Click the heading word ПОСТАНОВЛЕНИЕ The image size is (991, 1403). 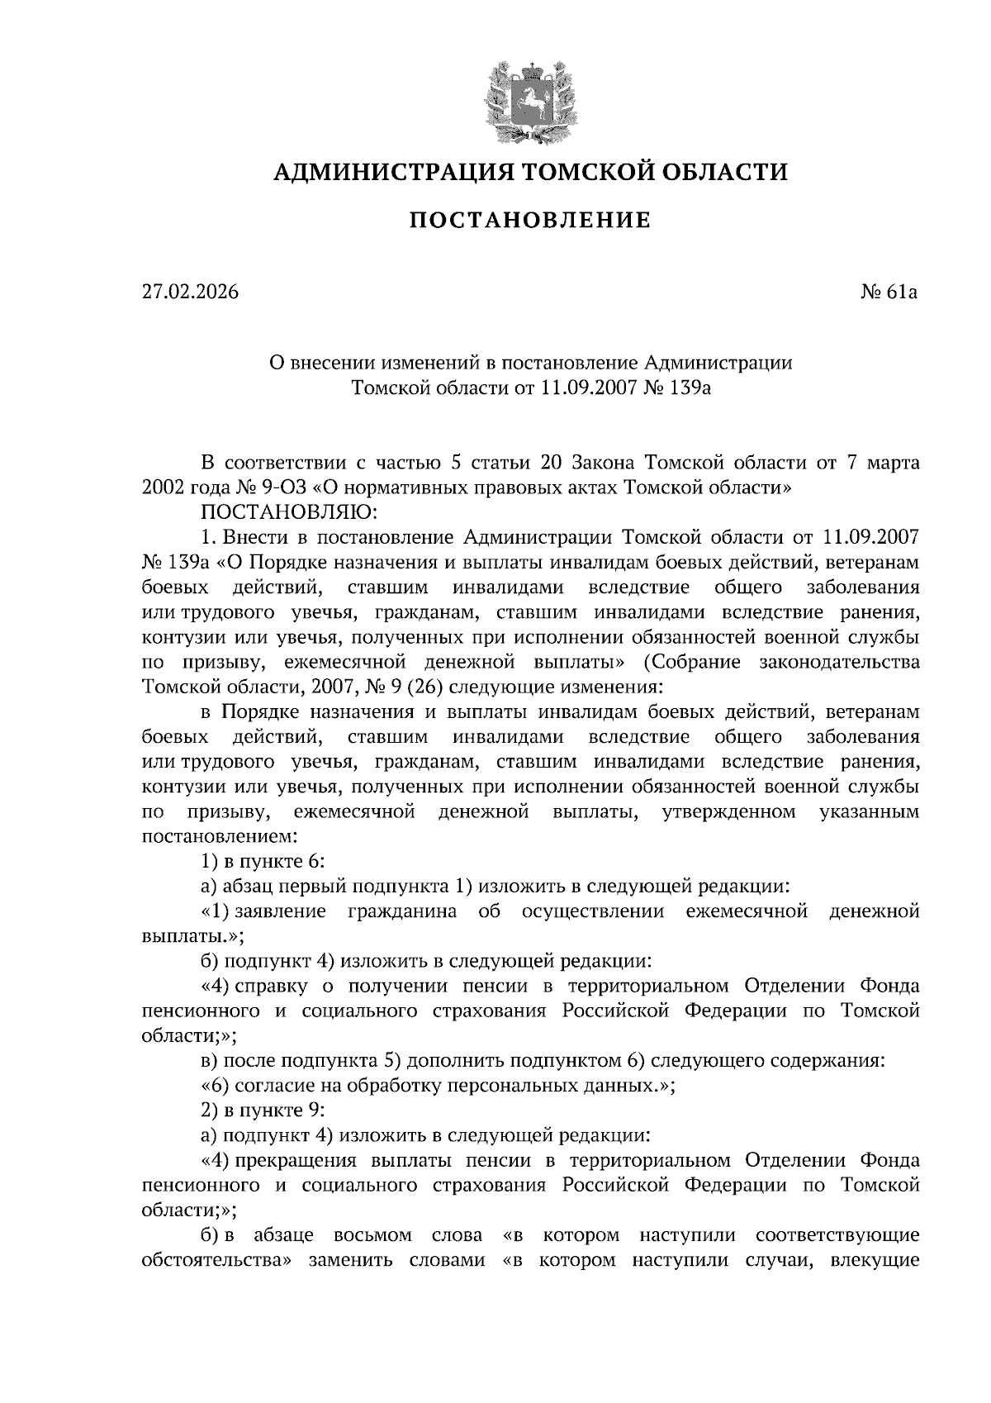point(530,221)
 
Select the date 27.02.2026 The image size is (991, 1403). point(190,292)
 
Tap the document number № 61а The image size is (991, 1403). point(889,292)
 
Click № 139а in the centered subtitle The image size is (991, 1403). point(675,388)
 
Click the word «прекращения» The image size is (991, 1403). point(297,1160)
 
